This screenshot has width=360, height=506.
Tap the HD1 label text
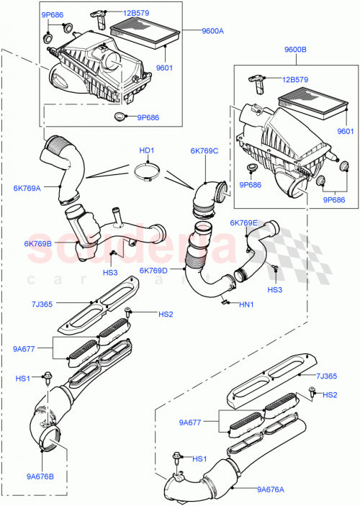pyautogui.click(x=147, y=151)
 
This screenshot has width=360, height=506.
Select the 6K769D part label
pyautogui.click(x=154, y=271)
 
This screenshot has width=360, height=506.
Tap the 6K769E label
pyautogui.click(x=243, y=223)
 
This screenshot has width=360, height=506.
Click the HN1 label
pyautogui.click(x=246, y=305)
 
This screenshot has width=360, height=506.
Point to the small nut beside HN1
pyautogui.click(x=225, y=303)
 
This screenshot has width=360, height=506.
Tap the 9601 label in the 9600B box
pyautogui.click(x=346, y=131)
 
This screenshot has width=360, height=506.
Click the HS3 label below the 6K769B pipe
pyautogui.click(x=109, y=273)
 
